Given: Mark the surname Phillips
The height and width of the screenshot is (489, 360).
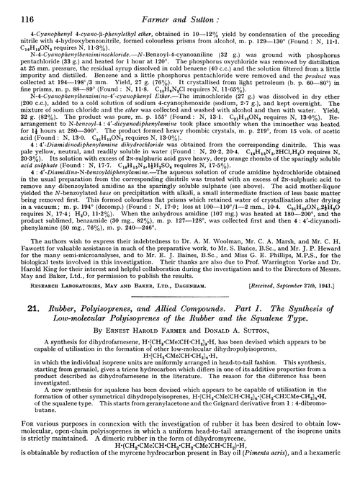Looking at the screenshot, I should coord(274,244).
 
